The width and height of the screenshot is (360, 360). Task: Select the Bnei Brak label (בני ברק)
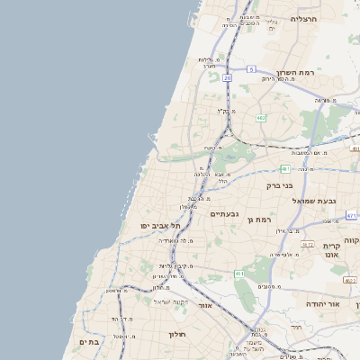tap(280, 186)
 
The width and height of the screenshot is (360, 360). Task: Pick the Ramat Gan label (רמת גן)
tap(263, 219)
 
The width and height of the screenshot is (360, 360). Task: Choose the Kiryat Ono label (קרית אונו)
tap(331, 250)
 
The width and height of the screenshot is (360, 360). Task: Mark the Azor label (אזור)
tap(205, 305)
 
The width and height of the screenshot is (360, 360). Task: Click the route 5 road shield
tap(253, 69)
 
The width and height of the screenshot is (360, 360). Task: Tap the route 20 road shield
tap(228, 78)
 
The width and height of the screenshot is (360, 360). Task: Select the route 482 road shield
tap(261, 117)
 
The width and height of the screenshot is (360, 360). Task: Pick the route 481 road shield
tap(285, 168)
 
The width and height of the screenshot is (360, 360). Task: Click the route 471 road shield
tap(351, 216)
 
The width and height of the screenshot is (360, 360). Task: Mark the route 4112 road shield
tap(308, 245)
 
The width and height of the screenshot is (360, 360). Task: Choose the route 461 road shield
tap(238, 273)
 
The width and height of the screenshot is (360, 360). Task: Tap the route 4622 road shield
tap(350, 280)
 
